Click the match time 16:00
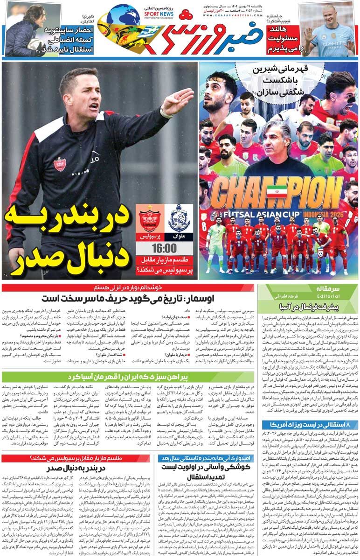164,247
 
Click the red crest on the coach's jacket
60,164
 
